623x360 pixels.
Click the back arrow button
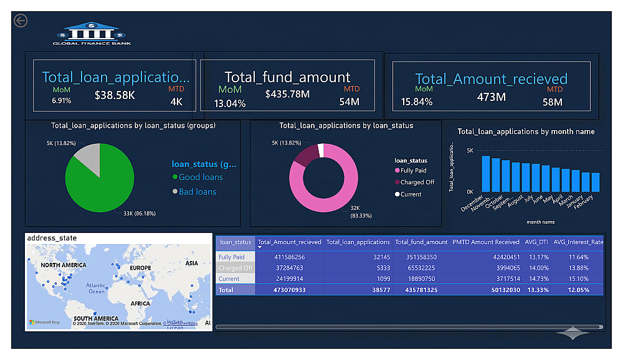click(x=21, y=21)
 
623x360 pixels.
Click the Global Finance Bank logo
click(x=92, y=34)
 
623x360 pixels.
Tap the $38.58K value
click(x=115, y=95)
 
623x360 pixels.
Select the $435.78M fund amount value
click(x=287, y=94)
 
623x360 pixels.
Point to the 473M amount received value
click(x=492, y=97)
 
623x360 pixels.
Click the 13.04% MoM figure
click(x=230, y=103)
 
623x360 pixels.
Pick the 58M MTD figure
click(x=553, y=102)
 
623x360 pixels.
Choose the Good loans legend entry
click(x=200, y=178)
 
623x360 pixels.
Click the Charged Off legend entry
click(x=417, y=182)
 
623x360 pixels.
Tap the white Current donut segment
click(x=321, y=150)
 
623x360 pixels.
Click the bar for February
click(x=596, y=182)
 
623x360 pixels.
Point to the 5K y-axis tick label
click(x=470, y=151)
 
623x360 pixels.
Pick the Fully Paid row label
click(x=232, y=257)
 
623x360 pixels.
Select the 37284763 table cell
click(x=303, y=268)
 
